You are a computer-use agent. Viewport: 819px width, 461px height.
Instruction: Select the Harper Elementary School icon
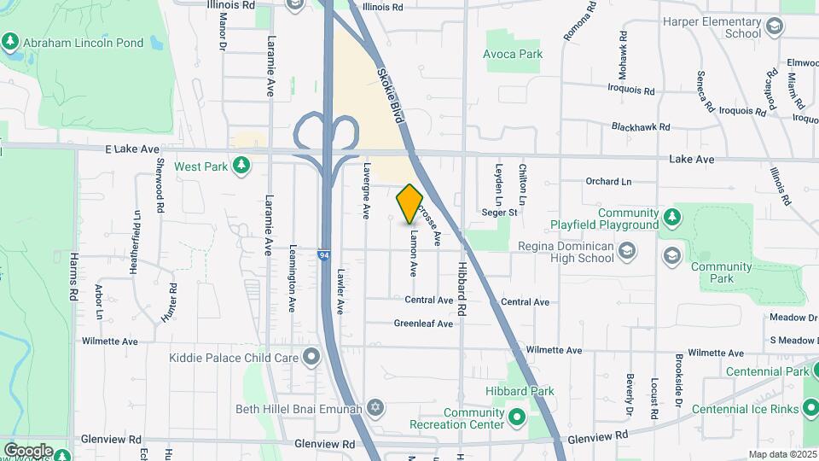[x=774, y=27]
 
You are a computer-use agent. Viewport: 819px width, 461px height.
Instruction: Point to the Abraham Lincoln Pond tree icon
[x=10, y=39]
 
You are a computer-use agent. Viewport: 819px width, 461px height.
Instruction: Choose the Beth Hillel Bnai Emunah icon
[x=375, y=408]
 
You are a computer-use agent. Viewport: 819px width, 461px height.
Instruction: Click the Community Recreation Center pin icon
[x=516, y=417]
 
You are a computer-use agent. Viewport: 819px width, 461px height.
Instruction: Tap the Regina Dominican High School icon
[x=628, y=249]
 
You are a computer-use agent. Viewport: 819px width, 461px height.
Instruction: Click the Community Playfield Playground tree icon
[x=673, y=219]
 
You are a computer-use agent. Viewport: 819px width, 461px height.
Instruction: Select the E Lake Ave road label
[x=132, y=149]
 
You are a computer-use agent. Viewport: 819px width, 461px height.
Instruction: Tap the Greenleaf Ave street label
[x=423, y=324]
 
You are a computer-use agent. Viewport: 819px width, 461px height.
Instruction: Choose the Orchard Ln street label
[x=608, y=181]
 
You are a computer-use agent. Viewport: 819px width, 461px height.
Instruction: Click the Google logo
[x=28, y=450]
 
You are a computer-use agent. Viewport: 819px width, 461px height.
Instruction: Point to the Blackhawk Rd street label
[x=641, y=126]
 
